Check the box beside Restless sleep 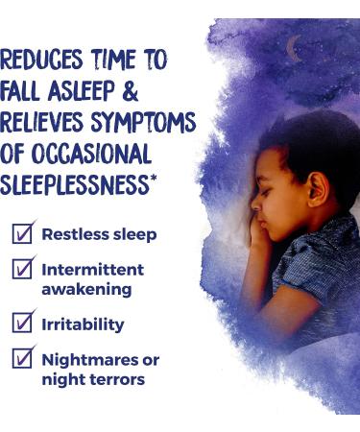24,233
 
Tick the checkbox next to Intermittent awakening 24,270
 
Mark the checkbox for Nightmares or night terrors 24,360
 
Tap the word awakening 86,288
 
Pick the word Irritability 84,324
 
